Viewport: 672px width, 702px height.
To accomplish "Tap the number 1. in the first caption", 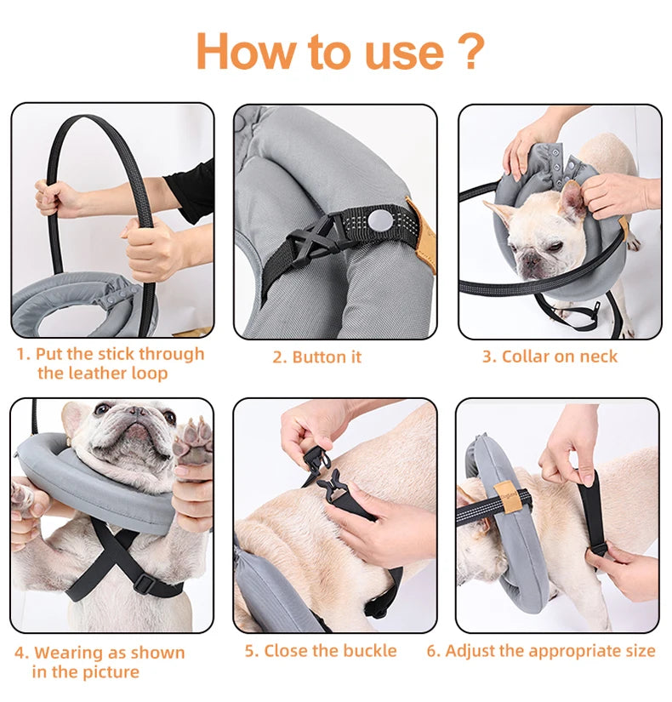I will coord(23,354).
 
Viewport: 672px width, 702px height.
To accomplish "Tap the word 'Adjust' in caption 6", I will coord(471,651).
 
